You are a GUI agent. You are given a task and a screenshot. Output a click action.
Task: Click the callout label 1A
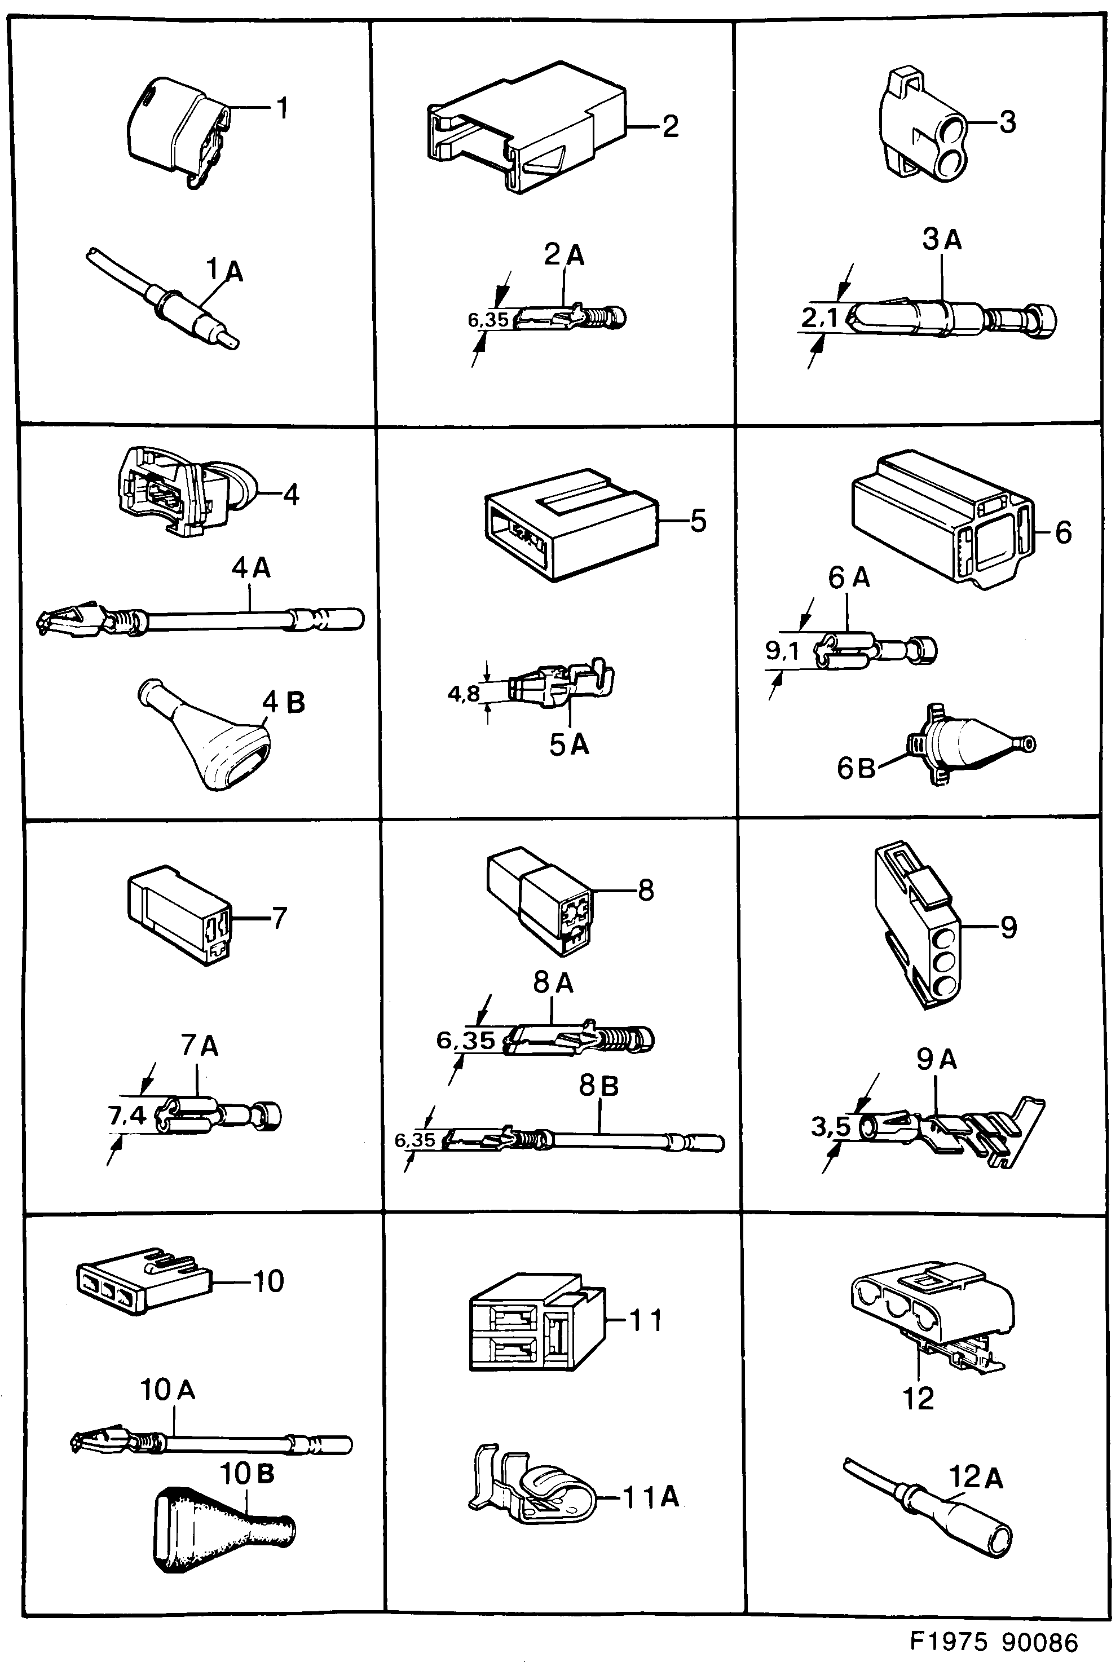click(224, 271)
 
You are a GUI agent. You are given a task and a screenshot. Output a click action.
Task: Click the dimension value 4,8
click(463, 693)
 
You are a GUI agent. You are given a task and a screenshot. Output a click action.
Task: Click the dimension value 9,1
click(782, 650)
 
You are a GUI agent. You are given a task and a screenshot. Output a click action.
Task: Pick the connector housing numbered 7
click(179, 914)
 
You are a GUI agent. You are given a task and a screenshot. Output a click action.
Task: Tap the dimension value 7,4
click(127, 1115)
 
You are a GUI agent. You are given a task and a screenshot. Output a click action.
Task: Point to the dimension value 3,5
click(831, 1127)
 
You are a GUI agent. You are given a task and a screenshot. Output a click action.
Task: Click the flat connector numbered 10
click(142, 1281)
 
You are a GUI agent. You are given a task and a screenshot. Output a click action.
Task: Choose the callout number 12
click(918, 1399)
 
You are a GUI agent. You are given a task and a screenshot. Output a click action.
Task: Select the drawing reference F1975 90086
click(993, 1642)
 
